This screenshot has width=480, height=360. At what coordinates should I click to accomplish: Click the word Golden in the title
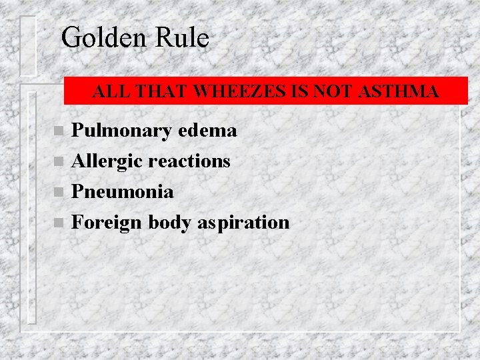pos(102,38)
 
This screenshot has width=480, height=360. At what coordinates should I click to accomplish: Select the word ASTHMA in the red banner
pos(398,92)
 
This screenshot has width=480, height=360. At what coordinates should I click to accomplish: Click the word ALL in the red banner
pos(107,92)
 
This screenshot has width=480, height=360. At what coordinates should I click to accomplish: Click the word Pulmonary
pos(121,131)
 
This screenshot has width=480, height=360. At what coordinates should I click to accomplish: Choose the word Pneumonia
pos(123,192)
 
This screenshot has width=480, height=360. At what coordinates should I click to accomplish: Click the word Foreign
pos(107,223)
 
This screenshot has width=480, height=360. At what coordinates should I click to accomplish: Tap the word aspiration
pos(243,223)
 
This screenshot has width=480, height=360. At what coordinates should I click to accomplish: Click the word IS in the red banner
pos(300,92)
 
